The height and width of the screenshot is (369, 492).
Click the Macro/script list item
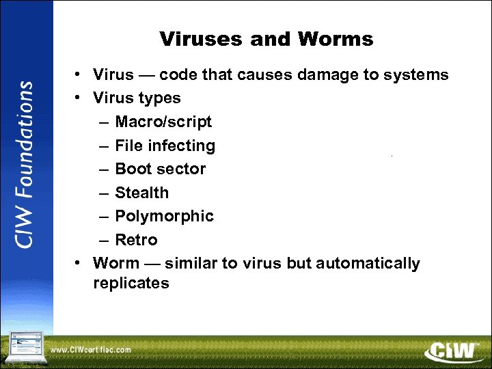[x=163, y=122]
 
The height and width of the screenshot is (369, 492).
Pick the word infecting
[x=184, y=146]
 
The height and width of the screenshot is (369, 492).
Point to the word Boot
[x=133, y=169]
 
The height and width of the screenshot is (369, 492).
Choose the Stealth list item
[x=141, y=193]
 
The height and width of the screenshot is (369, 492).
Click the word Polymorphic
[x=164, y=216]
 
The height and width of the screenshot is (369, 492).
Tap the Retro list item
[x=136, y=240]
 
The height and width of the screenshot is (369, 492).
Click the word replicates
[x=131, y=283]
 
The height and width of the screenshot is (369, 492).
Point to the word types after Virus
[x=160, y=98]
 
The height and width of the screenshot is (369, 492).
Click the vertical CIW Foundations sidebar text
[x=25, y=165]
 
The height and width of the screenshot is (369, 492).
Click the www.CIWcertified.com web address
[x=90, y=350]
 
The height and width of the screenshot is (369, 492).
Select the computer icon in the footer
[x=25, y=347]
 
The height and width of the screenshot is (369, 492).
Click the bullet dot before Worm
[x=80, y=263]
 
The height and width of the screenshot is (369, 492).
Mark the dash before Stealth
[x=102, y=193]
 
